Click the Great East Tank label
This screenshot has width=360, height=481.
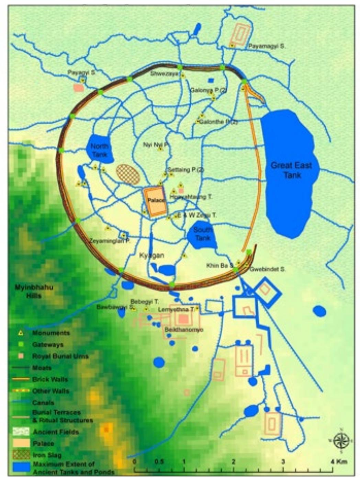291,170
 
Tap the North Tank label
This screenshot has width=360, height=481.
99,150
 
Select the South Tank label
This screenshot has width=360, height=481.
203,233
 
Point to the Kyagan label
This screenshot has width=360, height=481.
151,255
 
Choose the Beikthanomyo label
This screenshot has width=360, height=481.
184,330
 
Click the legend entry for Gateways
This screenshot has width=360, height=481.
48,344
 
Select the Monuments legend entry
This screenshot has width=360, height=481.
51,333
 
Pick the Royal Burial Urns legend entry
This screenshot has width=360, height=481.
60,356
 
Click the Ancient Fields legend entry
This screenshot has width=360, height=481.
56,432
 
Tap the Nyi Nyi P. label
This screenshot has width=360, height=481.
156,145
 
